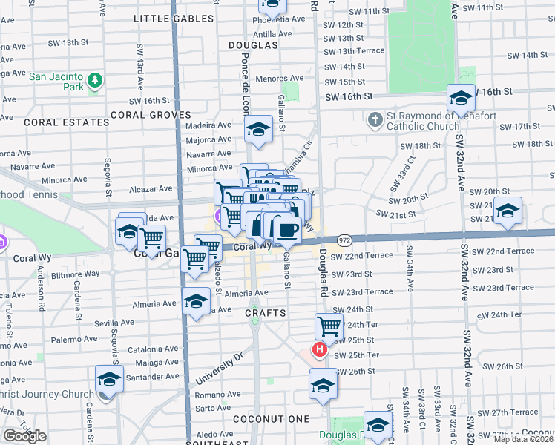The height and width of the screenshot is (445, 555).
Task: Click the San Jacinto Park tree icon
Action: coord(94,79)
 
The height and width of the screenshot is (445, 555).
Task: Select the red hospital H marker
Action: coord(320,349)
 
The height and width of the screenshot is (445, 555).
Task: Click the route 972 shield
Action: coord(344,240)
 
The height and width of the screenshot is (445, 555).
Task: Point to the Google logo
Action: coord(24,436)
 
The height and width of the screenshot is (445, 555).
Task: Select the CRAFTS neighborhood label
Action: coord(266,313)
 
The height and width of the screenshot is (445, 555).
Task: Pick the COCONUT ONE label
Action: coord(271,419)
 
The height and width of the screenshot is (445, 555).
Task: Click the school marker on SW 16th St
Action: coord(461,97)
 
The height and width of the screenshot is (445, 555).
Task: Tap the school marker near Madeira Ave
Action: coord(259,131)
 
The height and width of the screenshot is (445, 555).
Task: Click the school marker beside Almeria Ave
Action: coord(196,300)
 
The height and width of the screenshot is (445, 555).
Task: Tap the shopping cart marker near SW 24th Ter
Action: coord(328,325)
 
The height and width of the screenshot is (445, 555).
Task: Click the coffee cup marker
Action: coord(286,228)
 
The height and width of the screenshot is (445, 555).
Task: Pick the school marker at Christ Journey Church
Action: coord(109,378)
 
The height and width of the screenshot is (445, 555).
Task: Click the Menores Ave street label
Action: coord(279,78)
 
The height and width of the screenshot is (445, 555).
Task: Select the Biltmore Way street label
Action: coord(75,274)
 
